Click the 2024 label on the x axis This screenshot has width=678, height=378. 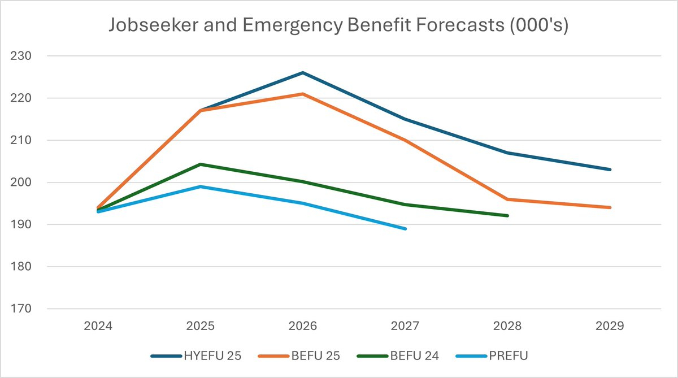(98, 326)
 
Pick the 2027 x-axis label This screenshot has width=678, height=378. (405, 326)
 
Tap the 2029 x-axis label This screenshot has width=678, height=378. (610, 326)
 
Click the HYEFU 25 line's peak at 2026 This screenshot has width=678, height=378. (303, 73)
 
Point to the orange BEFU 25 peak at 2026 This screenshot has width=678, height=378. (303, 94)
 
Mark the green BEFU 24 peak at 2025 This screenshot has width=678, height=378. (201, 164)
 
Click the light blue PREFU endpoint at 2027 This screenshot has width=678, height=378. (405, 228)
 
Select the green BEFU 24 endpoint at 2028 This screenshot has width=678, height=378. (507, 215)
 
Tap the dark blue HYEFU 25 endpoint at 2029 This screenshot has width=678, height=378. (610, 170)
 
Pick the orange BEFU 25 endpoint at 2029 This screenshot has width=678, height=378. (610, 207)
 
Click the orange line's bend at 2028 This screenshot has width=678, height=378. (507, 199)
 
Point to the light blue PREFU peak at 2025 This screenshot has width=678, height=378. (201, 186)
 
